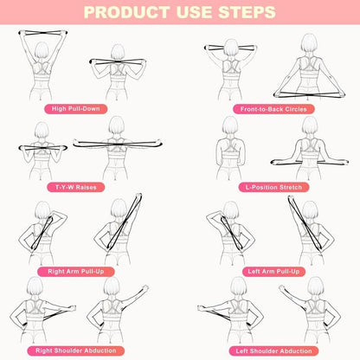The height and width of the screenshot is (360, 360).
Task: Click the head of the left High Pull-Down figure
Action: tap(39, 42)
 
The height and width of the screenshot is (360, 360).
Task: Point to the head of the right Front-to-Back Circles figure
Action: tap(307, 44)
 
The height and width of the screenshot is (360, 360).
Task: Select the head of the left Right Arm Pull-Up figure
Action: tap(40, 210)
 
